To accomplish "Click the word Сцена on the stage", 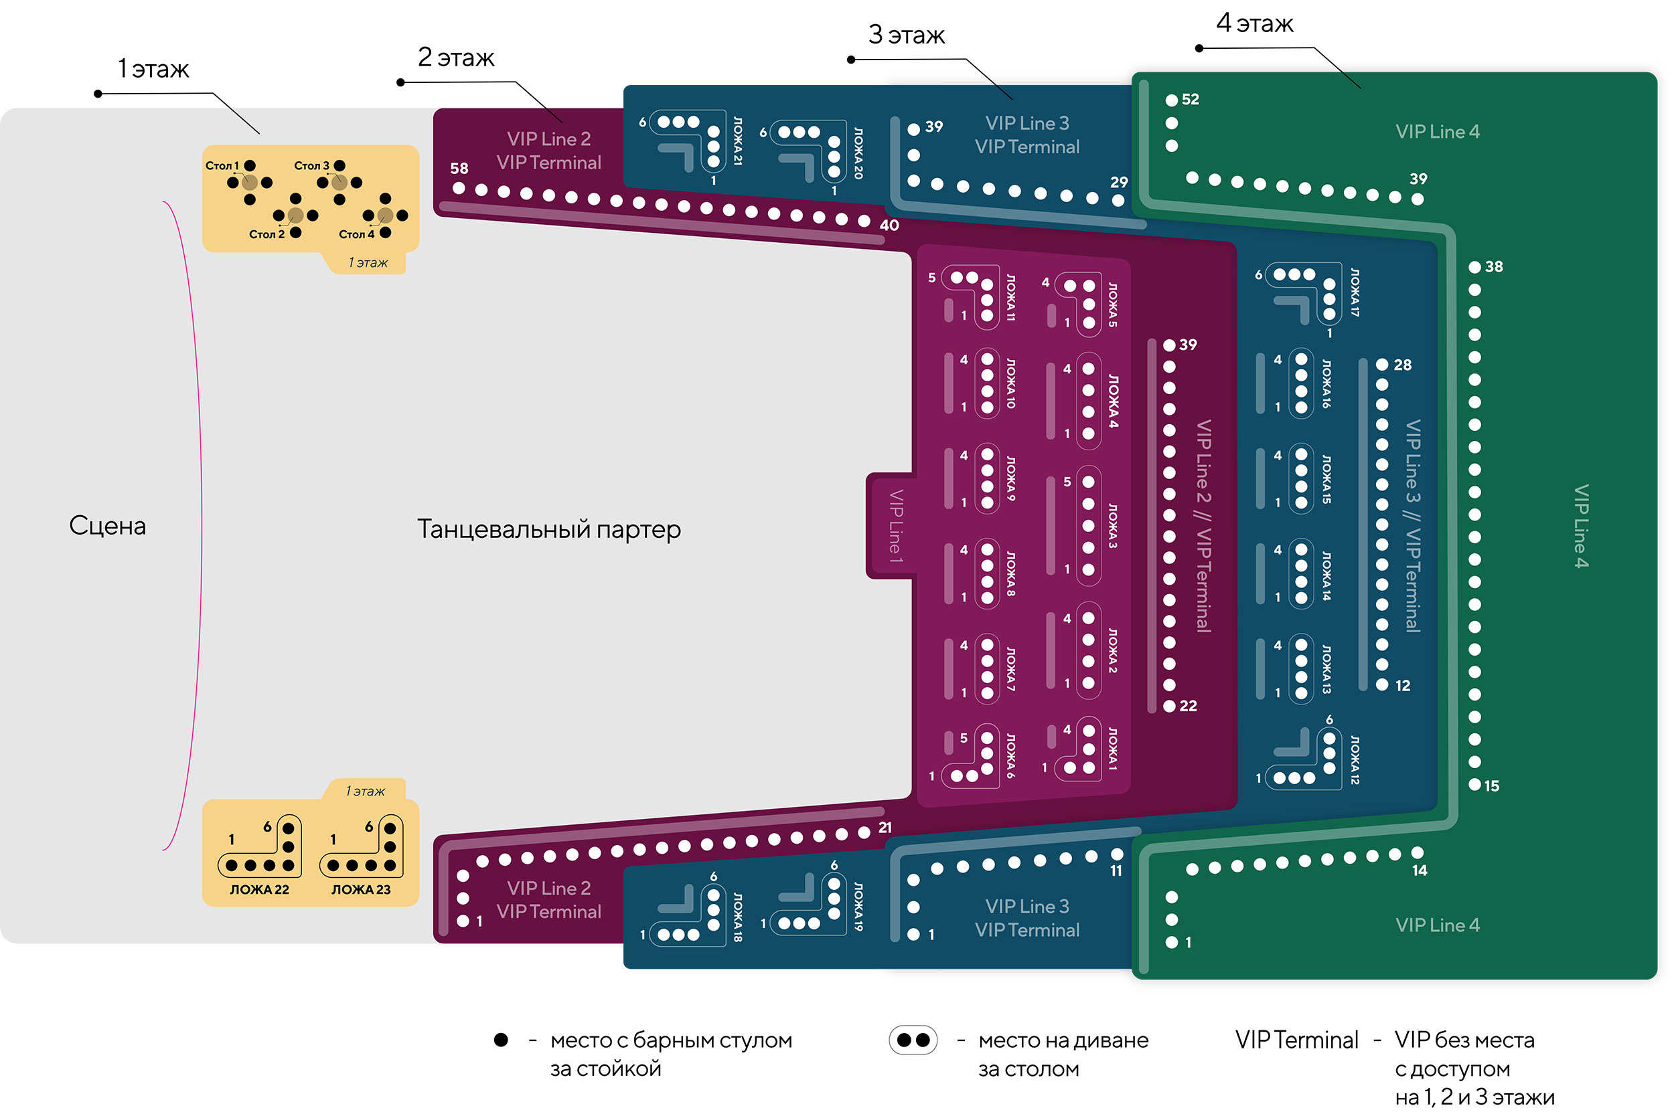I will click(x=107, y=526).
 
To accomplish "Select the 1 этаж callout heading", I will click(x=153, y=69).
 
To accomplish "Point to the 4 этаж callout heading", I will click(x=1254, y=23).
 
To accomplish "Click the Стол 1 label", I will click(x=222, y=165).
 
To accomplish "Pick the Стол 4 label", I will click(x=356, y=234).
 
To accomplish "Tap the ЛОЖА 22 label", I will click(x=258, y=889).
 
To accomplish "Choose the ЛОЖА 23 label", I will click(x=360, y=889).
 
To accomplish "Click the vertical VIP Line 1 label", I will click(x=896, y=527).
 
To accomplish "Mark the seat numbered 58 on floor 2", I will click(x=459, y=188).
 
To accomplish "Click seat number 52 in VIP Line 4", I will click(x=1171, y=100).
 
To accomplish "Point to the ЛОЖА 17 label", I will click(x=1355, y=292).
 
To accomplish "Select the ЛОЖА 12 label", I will click(x=1355, y=759).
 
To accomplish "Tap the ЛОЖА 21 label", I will click(x=738, y=141).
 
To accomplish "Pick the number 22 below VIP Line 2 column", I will click(x=1189, y=705).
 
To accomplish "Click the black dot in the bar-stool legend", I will click(x=501, y=1040).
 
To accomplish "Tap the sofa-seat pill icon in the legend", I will click(x=913, y=1040).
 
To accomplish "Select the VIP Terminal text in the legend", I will click(x=1296, y=1040).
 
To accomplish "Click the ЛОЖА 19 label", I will click(x=858, y=907).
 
